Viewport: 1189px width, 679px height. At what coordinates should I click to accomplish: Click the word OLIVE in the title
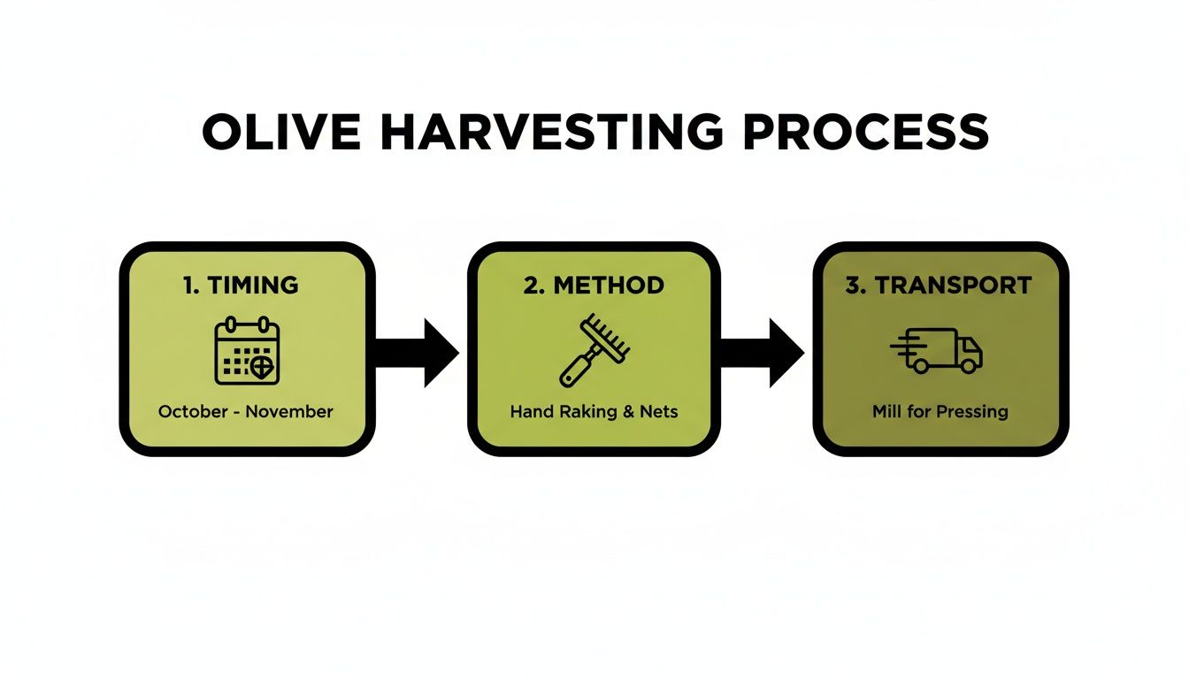coord(281,132)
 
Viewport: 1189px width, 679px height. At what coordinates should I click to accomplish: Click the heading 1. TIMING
coord(241,285)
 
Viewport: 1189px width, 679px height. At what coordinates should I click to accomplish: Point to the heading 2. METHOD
coord(593,285)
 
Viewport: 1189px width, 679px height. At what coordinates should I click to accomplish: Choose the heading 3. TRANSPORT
coord(939,285)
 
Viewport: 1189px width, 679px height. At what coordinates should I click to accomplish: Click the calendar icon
coord(247,352)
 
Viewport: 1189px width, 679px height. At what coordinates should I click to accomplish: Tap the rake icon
coord(594,350)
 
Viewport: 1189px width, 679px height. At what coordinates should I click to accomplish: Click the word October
coord(192,412)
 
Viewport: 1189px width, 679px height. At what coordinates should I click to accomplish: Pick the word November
coord(288,412)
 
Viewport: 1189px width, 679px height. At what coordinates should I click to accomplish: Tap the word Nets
coord(659,412)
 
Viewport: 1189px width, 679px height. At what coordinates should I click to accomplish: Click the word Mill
coord(886,412)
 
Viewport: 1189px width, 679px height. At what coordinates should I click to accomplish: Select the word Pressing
coord(973,412)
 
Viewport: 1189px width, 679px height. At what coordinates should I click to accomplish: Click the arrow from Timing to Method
coord(417,353)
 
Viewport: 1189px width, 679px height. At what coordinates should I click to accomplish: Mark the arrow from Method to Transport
coord(762,353)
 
